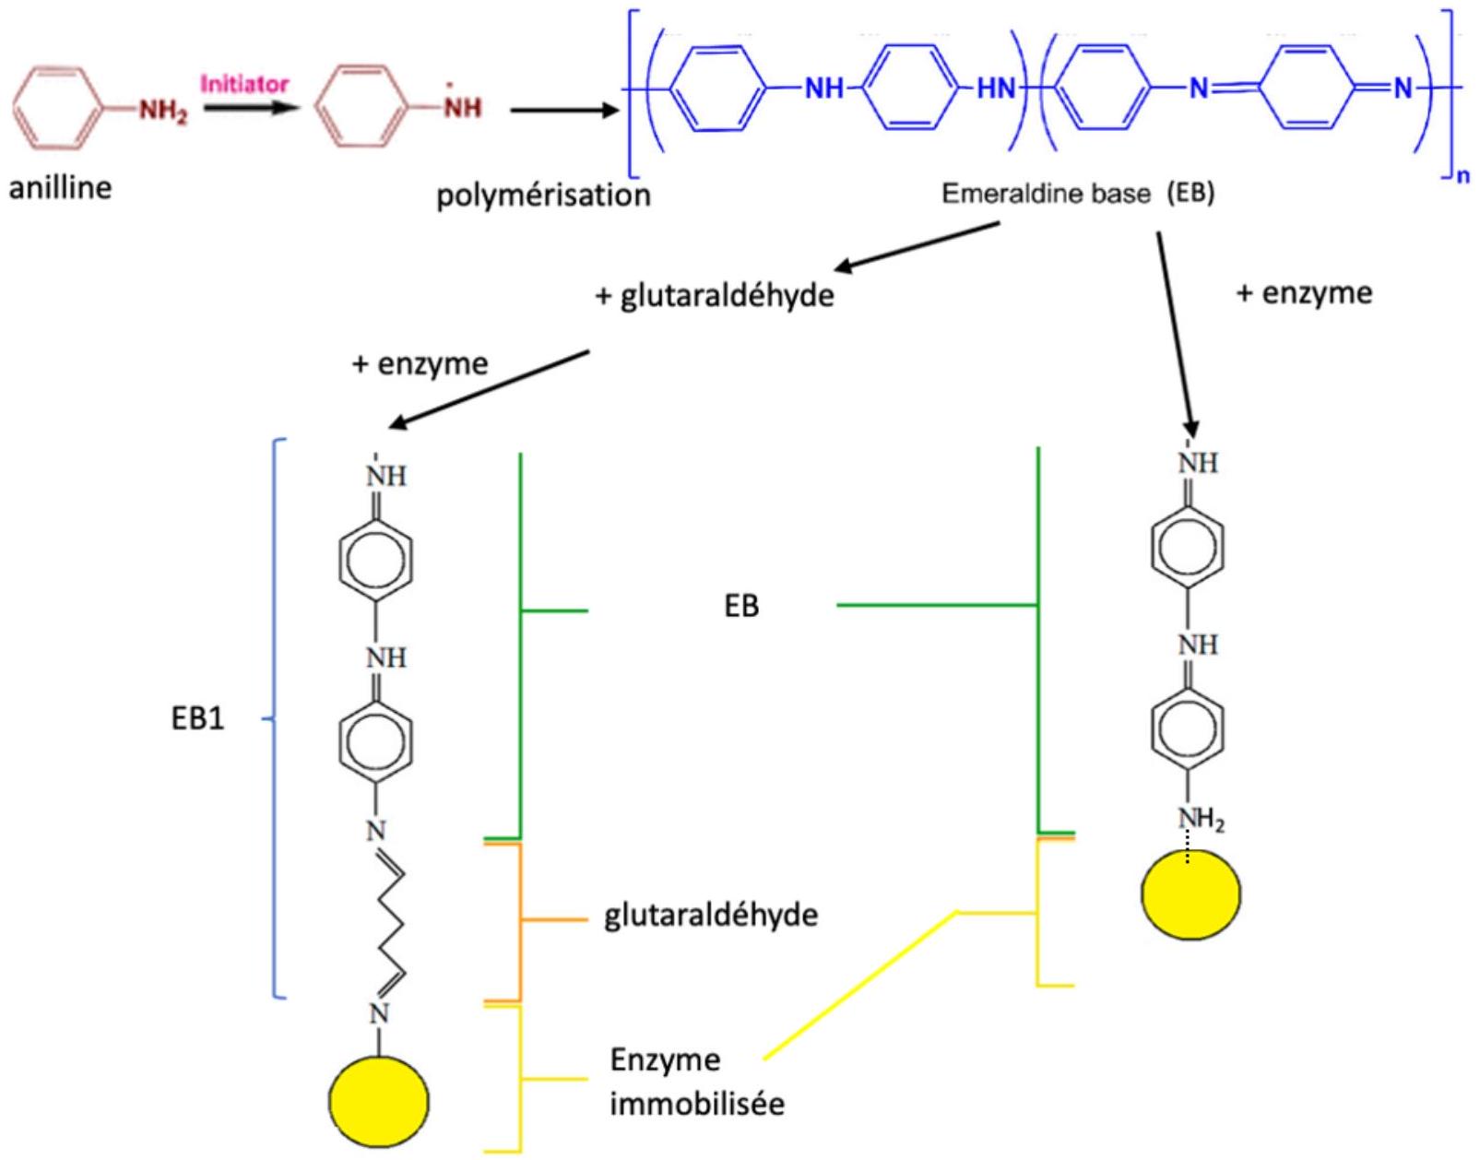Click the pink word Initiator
[x=244, y=85]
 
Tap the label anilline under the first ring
[x=60, y=187]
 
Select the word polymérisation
[x=543, y=196]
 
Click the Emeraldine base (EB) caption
[x=1078, y=194]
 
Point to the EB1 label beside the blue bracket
[x=197, y=719]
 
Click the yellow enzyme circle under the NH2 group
[x=1191, y=894]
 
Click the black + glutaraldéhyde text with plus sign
[x=715, y=296]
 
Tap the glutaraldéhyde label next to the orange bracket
[x=711, y=915]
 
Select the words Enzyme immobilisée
[x=697, y=1083]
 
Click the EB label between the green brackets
[x=741, y=606]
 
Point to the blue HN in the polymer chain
[x=996, y=89]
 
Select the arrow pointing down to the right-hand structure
[x=1175, y=335]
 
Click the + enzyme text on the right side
[x=1304, y=293]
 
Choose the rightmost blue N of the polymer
[x=1403, y=89]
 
